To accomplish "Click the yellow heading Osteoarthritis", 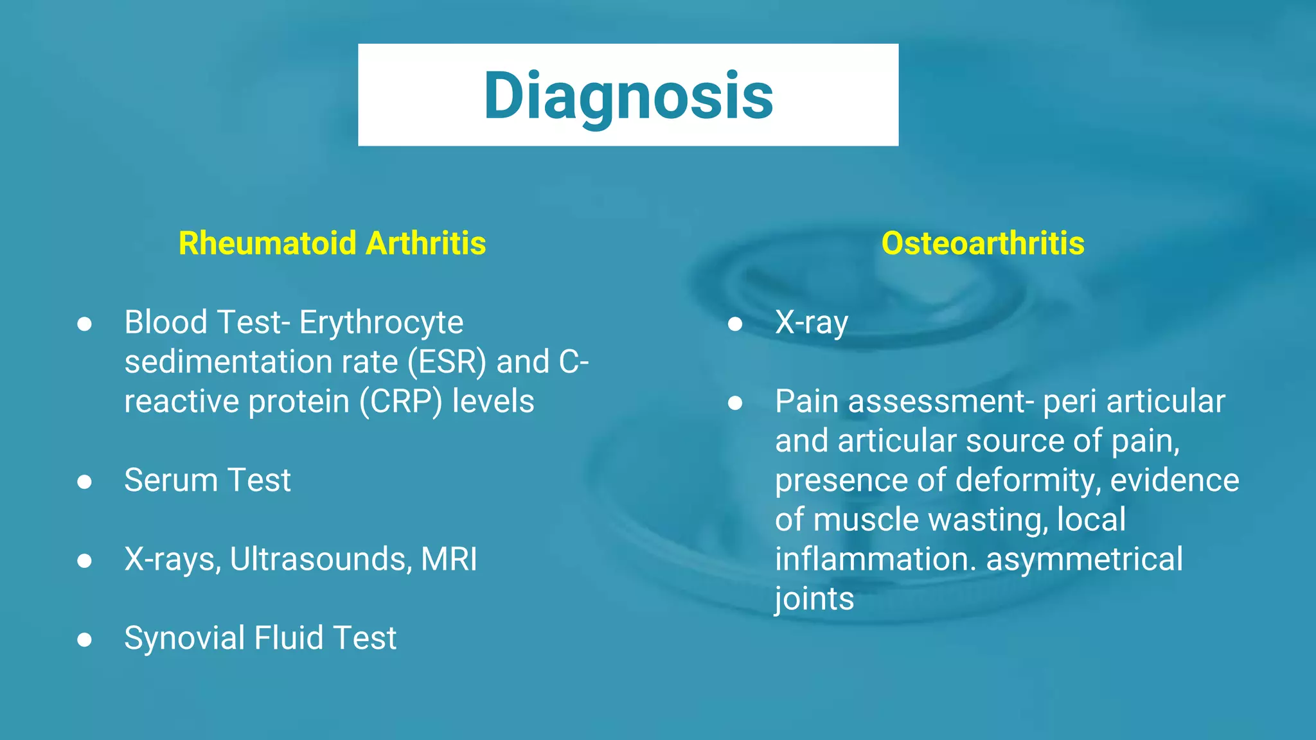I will point(983,243).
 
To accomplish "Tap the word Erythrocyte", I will point(381,322).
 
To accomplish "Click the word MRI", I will point(449,559).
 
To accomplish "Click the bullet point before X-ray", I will point(735,324).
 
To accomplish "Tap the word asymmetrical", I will point(1084,559).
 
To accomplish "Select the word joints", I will point(814,599).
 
